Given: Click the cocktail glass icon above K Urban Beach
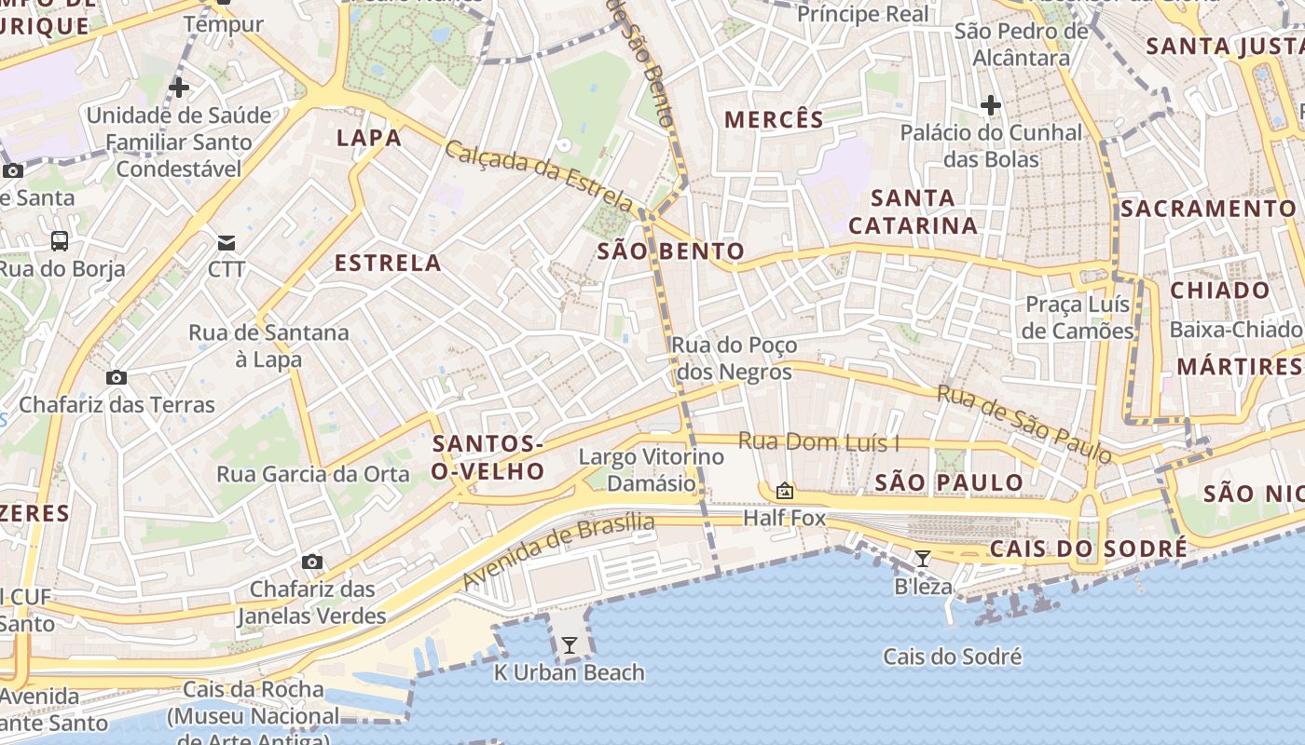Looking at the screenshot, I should pos(569,644).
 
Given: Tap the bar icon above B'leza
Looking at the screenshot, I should pos(922,559).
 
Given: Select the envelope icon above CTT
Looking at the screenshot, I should pos(227,243).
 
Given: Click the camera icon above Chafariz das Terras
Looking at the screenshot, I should pos(117,377).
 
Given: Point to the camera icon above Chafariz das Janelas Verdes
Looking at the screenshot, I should pos(312,562).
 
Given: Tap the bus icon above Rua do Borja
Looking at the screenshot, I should pos(60,241).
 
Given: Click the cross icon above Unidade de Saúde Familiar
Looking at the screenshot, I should pos(179,88).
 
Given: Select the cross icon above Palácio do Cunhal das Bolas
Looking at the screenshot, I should pos(991,105).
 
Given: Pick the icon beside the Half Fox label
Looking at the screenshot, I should pos(785,491).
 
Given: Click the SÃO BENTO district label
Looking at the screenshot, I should pos(671,251).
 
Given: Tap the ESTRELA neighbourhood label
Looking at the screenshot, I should pos(388,264).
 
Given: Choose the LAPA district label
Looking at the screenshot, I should pos(369,139).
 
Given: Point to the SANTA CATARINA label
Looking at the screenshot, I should pos(913,211).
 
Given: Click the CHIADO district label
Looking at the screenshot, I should pos(1220,291).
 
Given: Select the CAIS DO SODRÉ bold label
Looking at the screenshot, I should pos(1089,549).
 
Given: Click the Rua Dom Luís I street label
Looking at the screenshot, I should pos(819,442).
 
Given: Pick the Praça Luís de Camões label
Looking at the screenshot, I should pos(1078,318).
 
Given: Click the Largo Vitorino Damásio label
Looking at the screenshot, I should pos(652,470).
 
